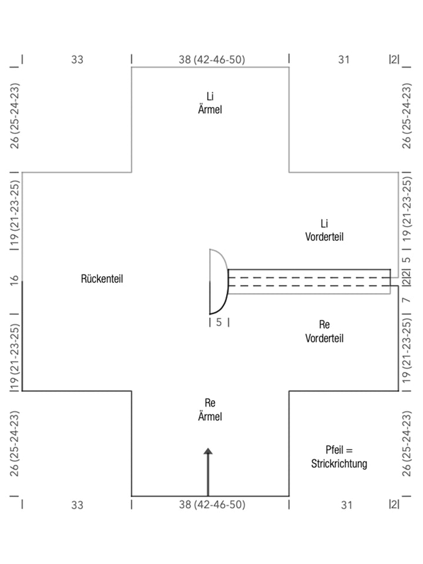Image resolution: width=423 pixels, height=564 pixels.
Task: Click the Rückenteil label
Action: [x=102, y=278]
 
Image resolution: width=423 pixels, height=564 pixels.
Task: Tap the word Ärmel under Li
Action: [x=210, y=109]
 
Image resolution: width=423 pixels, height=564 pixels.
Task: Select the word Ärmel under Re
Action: [x=210, y=417]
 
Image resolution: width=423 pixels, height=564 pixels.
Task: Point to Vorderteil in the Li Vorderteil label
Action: [x=324, y=237]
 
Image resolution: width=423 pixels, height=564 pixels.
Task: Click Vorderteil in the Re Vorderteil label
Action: [x=324, y=338]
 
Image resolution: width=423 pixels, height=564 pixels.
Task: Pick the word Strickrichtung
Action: [x=339, y=464]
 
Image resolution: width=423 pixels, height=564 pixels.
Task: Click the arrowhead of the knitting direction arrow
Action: [x=208, y=452]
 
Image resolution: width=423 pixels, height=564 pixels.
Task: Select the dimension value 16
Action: [x=16, y=280]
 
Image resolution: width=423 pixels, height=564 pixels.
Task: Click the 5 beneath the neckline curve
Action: [x=219, y=322]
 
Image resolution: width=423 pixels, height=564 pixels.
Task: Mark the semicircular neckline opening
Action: [x=218, y=281]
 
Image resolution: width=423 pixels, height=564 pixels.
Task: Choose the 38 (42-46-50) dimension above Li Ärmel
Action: [x=211, y=59]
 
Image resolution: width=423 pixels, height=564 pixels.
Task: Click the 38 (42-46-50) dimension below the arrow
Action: [x=211, y=504]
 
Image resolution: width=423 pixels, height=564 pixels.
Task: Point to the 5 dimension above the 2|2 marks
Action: [x=406, y=259]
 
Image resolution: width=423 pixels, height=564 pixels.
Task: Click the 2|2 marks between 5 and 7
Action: [x=406, y=281]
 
